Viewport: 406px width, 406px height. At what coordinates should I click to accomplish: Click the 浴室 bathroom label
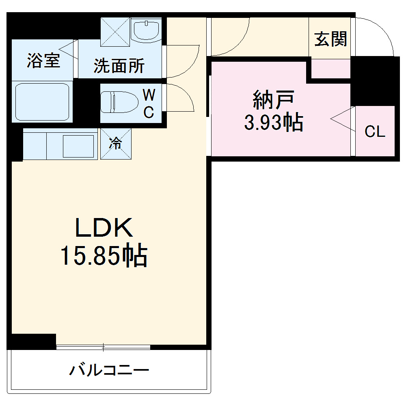pos(43,60)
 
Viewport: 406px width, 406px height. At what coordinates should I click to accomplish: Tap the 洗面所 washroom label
pos(119,66)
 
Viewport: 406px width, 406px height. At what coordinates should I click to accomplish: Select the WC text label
pos(149,104)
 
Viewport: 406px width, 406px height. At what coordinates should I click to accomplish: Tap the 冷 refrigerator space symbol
pos(116,143)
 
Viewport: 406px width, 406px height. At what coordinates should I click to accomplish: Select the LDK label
pos(104,228)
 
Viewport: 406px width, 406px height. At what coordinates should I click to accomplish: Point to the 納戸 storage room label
pos(273,100)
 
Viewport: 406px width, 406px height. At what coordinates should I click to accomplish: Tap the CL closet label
pos(374,132)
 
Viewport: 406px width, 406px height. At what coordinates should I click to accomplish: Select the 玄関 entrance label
pos(331,39)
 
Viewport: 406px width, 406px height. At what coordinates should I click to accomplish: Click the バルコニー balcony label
pos(109,370)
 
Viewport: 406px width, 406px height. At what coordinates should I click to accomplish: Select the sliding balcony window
pos(103,347)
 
